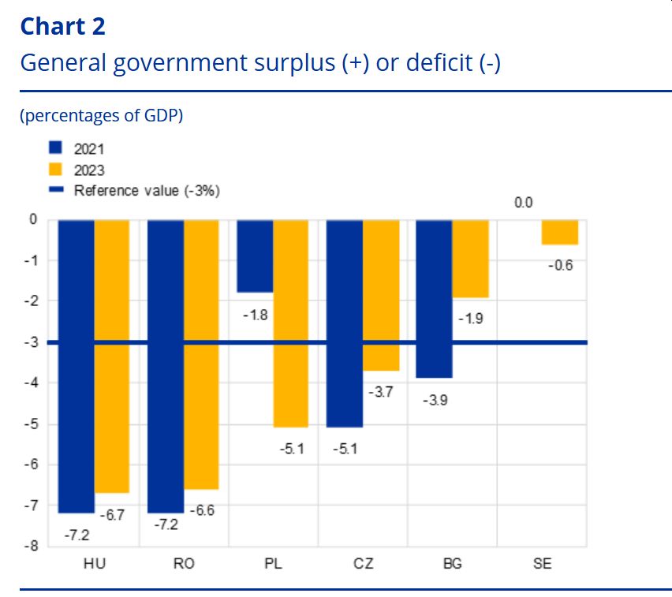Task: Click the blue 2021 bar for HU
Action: click(x=77, y=366)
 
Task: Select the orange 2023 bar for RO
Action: click(x=201, y=354)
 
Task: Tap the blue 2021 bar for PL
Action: click(x=255, y=256)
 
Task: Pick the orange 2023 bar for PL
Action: click(x=290, y=323)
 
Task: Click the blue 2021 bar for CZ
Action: click(x=344, y=323)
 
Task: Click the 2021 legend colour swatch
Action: click(x=55, y=148)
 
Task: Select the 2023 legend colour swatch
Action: click(x=55, y=169)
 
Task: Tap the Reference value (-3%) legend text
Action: click(x=147, y=190)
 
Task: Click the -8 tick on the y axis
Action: click(x=33, y=546)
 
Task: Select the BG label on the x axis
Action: click(x=453, y=565)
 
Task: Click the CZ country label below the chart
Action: click(x=364, y=565)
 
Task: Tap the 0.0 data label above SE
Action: click(x=524, y=203)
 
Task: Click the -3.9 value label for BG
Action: click(x=434, y=400)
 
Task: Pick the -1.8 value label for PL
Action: click(x=255, y=315)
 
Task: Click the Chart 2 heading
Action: click(x=62, y=26)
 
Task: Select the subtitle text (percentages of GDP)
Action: click(x=101, y=116)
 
